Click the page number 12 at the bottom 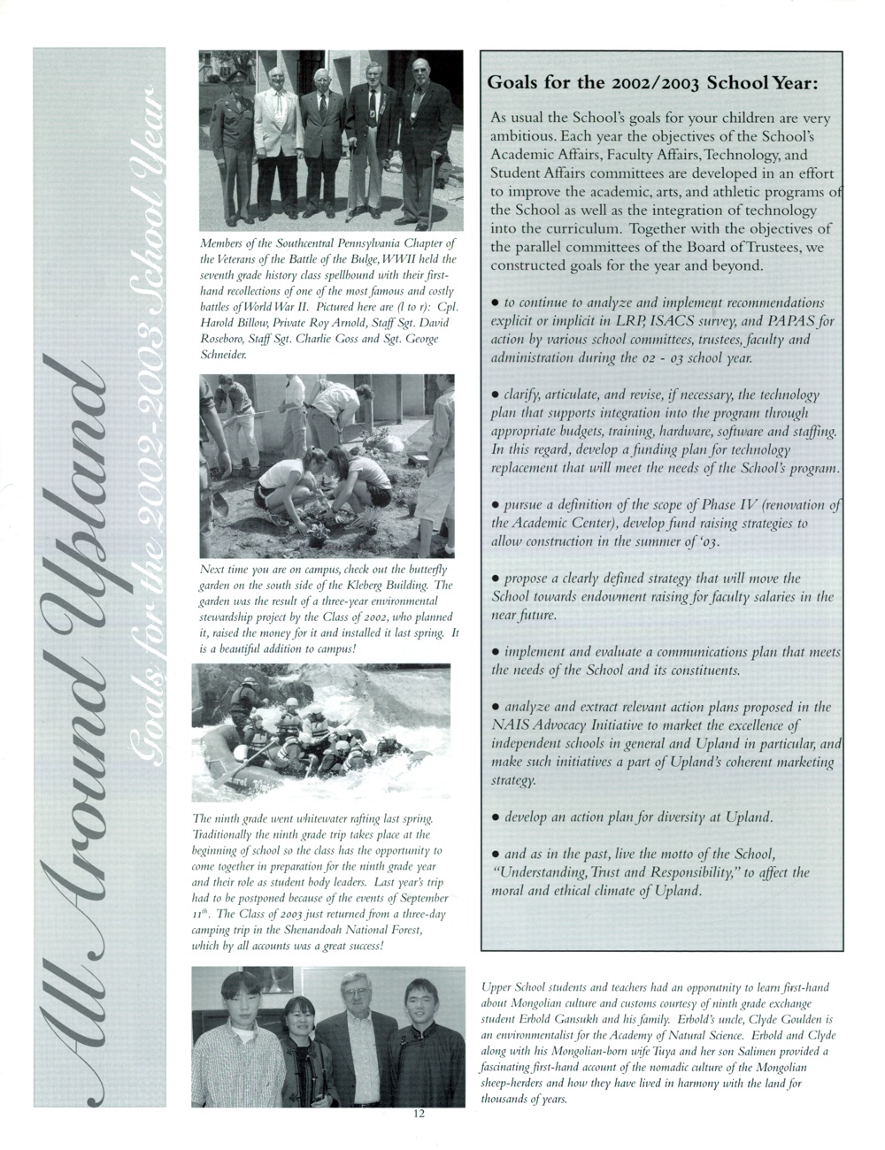pyautogui.click(x=419, y=1138)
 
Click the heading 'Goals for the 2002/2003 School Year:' pyautogui.click(x=652, y=85)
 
